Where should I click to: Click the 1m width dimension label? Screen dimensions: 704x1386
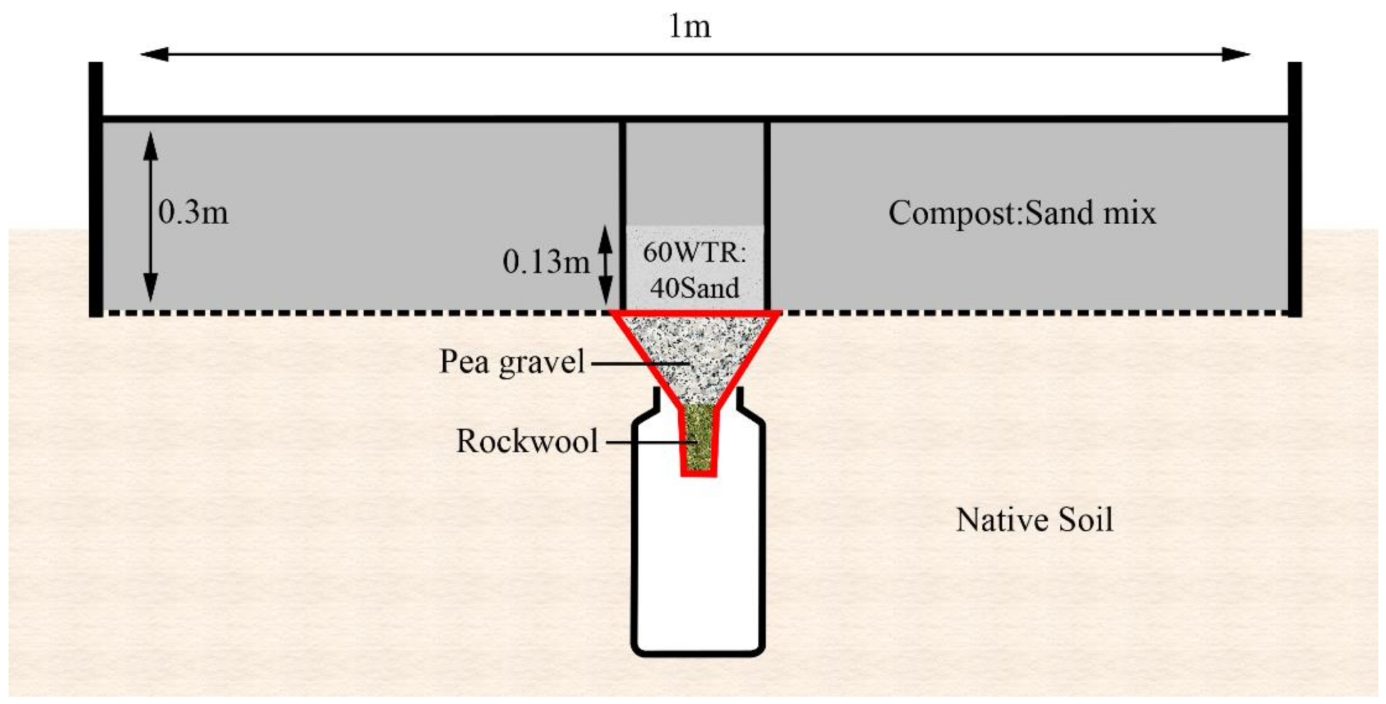click(x=690, y=27)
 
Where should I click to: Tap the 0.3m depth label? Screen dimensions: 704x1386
click(x=193, y=212)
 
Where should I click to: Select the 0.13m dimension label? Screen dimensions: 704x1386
click(x=546, y=262)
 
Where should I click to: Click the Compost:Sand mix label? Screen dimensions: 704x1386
click(x=1021, y=213)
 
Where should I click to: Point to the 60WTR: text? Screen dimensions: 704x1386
click(x=695, y=252)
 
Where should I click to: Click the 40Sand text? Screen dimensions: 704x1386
click(x=695, y=288)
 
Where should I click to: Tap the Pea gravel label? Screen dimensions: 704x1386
click(x=512, y=362)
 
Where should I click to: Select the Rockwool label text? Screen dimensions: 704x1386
click(x=527, y=441)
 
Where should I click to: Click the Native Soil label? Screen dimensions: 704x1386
click(x=1034, y=520)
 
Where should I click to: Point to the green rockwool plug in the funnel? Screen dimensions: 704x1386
click(x=698, y=437)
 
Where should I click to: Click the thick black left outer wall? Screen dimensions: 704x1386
click(x=96, y=188)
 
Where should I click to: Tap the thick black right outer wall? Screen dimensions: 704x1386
click(x=1295, y=188)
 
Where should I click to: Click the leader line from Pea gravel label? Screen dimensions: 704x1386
click(x=638, y=362)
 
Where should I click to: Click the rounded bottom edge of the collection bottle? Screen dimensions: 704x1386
click(x=698, y=653)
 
